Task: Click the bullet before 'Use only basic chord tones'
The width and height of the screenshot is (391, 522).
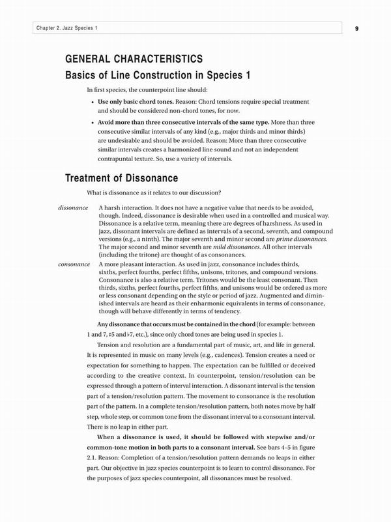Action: click(91, 102)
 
